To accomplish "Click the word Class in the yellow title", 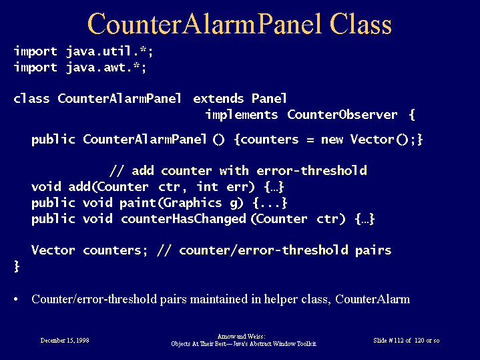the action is pyautogui.click(x=361, y=24).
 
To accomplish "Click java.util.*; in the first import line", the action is pyautogui.click(x=109, y=51).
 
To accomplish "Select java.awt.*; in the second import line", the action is pyautogui.click(x=106, y=67).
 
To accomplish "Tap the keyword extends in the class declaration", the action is pyautogui.click(x=218, y=99).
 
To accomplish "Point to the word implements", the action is pyautogui.click(x=242, y=115).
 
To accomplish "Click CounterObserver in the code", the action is pyautogui.click(x=342, y=115).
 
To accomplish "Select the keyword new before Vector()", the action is pyautogui.click(x=332, y=140).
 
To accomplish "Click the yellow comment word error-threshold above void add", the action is pyautogui.click(x=311, y=171).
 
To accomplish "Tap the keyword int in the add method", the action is pyautogui.click(x=207, y=186).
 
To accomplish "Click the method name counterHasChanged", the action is pyautogui.click(x=184, y=219).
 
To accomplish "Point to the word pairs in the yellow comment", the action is pyautogui.click(x=373, y=250).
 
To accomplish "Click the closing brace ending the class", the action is pyautogui.click(x=17, y=266).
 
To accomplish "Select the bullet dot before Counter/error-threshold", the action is pyautogui.click(x=16, y=299).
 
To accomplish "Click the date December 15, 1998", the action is pyautogui.click(x=65, y=340).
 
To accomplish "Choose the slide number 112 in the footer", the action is pyautogui.click(x=399, y=340).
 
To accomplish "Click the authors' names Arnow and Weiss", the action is pyautogui.click(x=241, y=337).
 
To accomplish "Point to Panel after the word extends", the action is pyautogui.click(x=269, y=99).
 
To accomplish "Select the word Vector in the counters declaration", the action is pyautogui.click(x=53, y=250).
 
